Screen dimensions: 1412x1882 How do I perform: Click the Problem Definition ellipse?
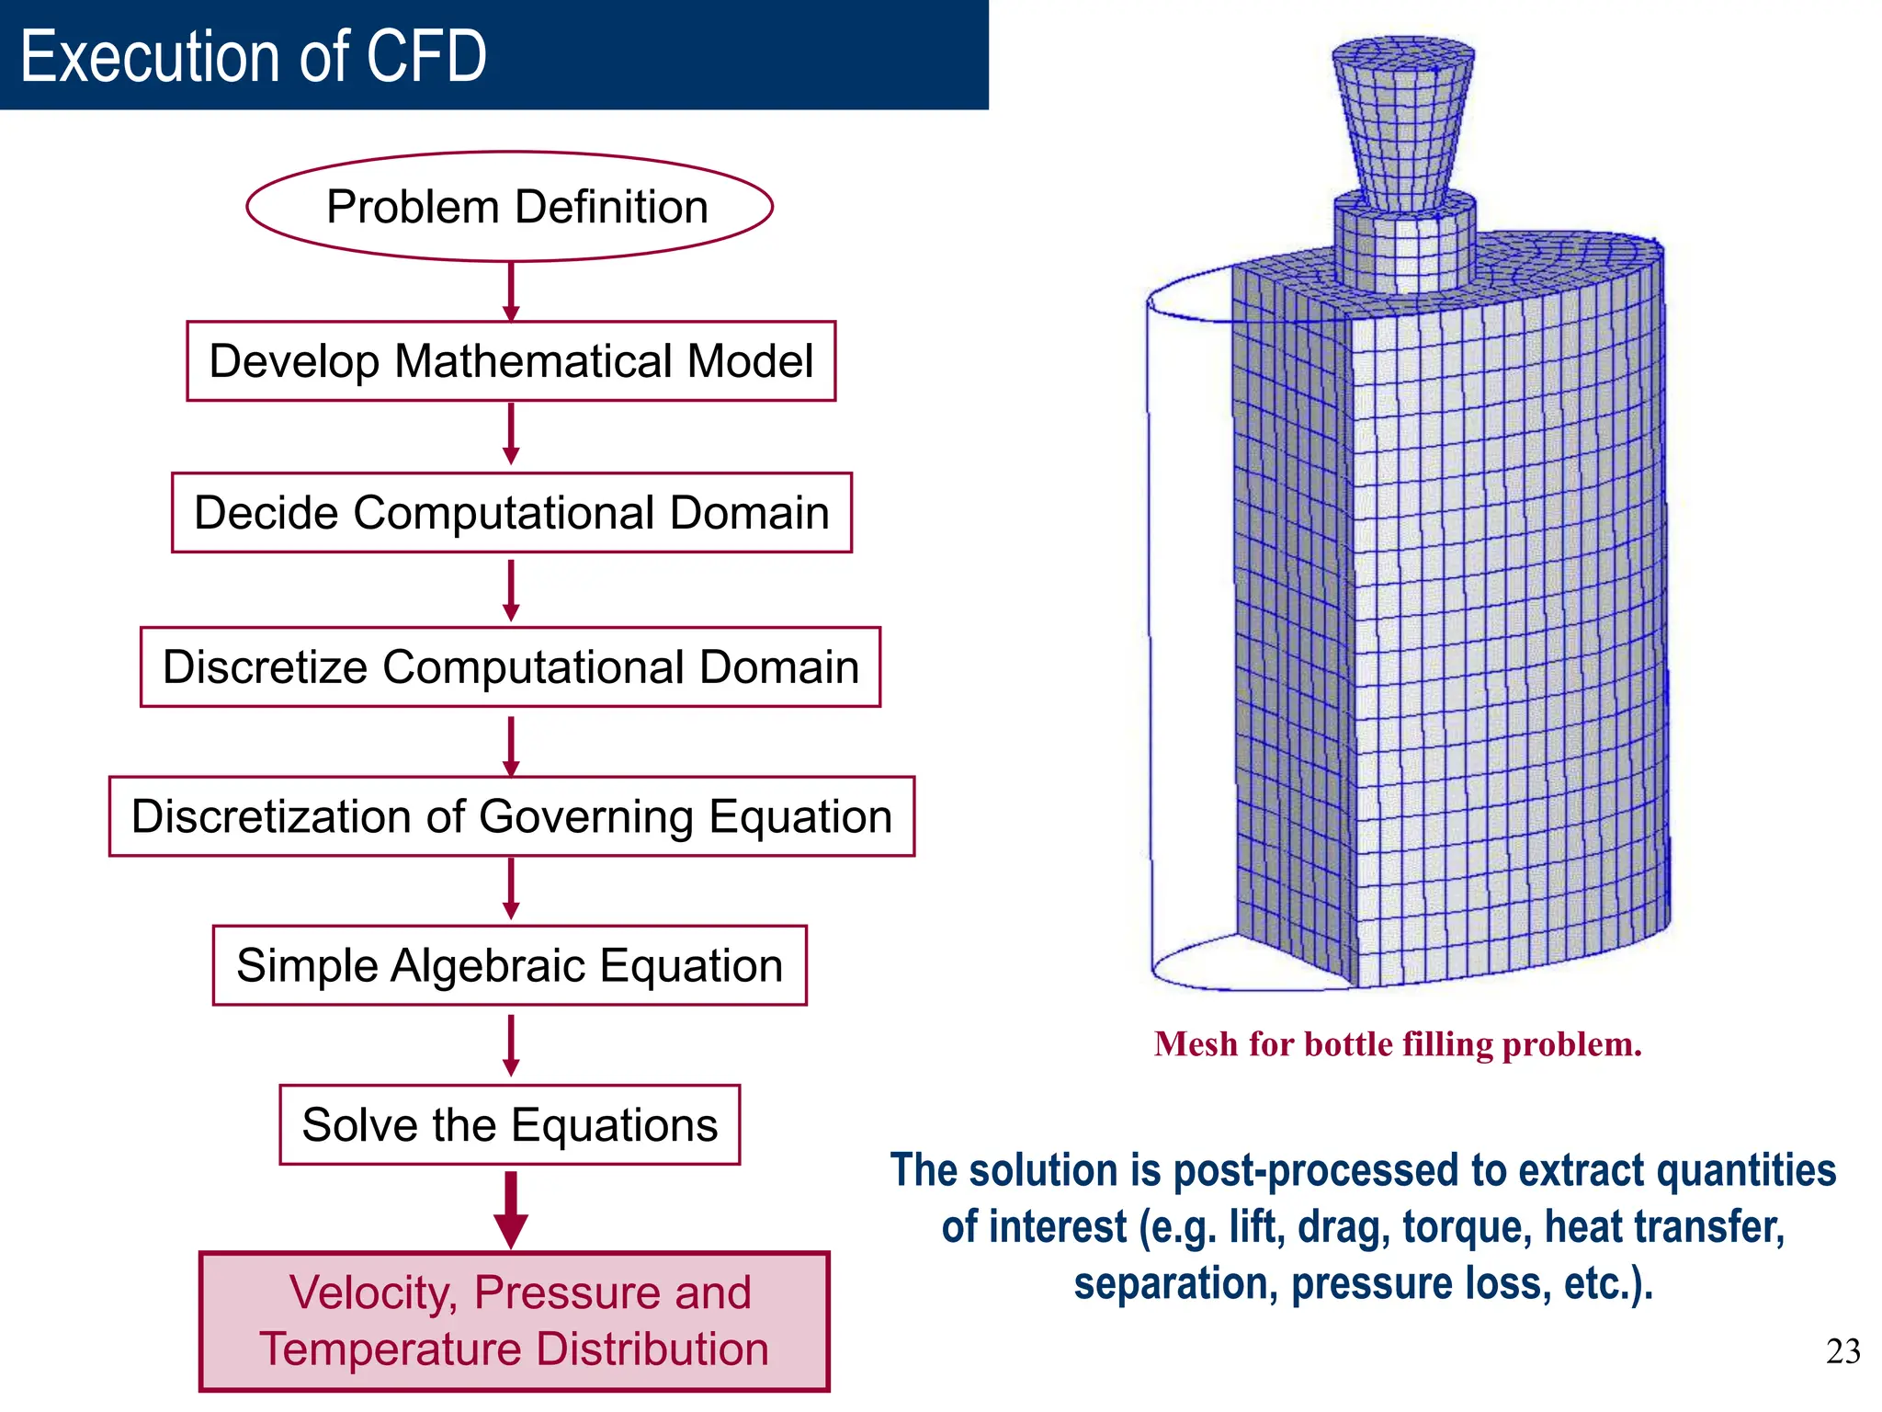[x=510, y=207]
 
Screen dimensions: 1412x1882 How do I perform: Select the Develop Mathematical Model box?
[x=511, y=361]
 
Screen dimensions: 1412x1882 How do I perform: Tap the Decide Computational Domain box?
[x=511, y=513]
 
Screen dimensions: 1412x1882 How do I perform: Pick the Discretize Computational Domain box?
[x=510, y=667]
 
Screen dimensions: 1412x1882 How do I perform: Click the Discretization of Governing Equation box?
[x=511, y=816]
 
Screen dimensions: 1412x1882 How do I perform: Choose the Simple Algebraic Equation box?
[x=509, y=965]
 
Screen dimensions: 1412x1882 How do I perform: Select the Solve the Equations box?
[x=509, y=1125]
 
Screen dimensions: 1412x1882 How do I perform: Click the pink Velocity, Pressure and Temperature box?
[x=514, y=1321]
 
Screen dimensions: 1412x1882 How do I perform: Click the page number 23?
[x=1842, y=1351]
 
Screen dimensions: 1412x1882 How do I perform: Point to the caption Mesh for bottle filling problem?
[x=1397, y=1044]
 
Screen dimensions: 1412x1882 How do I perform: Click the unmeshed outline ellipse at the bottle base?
[x=1195, y=965]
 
